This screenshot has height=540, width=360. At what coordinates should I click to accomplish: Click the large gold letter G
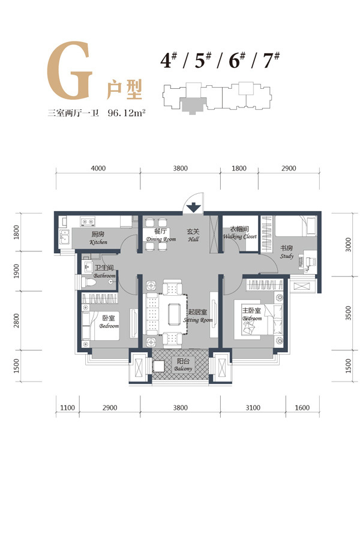70,71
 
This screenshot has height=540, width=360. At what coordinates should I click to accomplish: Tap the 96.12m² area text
126,113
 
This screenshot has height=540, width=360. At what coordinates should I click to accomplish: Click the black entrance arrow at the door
194,208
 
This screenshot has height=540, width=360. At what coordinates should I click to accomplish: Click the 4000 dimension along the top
98,169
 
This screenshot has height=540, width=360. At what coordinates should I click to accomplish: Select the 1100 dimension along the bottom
67,408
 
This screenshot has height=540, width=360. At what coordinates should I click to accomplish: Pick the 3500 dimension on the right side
348,313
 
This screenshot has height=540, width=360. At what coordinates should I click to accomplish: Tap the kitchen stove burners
88,221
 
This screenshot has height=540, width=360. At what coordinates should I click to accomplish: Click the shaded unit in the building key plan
193,105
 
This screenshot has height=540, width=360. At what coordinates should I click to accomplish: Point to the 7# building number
271,60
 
